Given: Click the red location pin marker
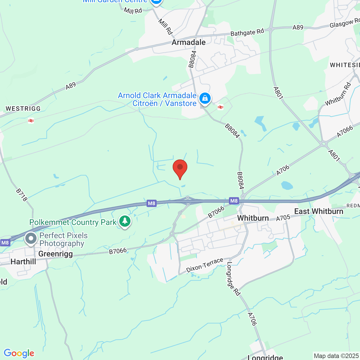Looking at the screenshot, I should [x=180, y=168].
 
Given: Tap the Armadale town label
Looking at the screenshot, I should [x=188, y=42].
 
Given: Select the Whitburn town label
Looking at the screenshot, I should [x=253, y=218].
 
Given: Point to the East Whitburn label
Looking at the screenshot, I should [x=319, y=211].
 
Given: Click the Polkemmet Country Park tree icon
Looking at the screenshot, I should [x=125, y=221].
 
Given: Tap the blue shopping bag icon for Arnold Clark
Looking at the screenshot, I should [x=205, y=98].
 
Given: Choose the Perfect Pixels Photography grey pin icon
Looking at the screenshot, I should [x=31, y=239].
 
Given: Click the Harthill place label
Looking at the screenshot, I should [x=23, y=262].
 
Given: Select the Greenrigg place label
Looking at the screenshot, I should [x=55, y=254].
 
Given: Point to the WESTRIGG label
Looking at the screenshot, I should [x=23, y=109].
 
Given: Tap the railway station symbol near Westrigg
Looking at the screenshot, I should [x=31, y=121].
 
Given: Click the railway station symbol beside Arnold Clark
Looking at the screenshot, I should [x=220, y=107].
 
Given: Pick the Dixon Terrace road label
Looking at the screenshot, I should [x=205, y=265].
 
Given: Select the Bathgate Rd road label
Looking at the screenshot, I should [x=247, y=32].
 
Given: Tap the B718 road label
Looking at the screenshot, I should [x=22, y=195].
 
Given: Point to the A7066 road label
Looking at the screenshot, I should [x=345, y=131].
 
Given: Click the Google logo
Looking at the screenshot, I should [x=19, y=353].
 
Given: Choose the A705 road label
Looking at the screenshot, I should [x=283, y=218].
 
